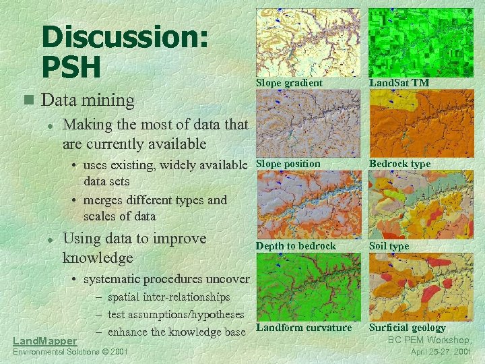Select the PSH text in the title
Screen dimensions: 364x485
(71, 66)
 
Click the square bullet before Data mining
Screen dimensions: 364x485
(28, 100)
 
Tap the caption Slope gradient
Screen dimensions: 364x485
(289, 82)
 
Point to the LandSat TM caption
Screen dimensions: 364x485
(399, 82)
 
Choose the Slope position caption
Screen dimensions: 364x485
(288, 164)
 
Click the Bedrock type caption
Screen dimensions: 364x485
(399, 164)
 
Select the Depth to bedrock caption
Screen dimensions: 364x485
(296, 246)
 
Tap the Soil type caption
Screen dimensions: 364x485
(389, 246)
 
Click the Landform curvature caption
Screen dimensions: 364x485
(304, 328)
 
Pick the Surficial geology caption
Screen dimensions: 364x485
(407, 328)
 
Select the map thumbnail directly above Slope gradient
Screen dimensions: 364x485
(308, 42)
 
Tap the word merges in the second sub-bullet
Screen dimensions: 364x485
(101, 200)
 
